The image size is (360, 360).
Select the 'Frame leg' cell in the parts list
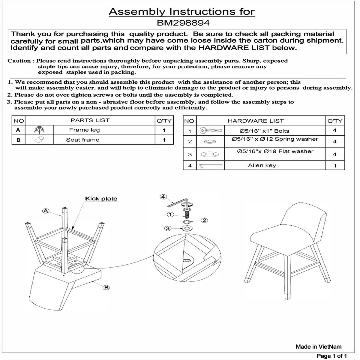84,130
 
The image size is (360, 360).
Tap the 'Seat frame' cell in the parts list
83,140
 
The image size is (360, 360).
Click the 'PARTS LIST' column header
90,120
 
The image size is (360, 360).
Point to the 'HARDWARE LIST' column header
256,121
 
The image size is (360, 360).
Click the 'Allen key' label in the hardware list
262,165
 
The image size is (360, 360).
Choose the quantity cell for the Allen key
335,166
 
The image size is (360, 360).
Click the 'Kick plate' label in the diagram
101,199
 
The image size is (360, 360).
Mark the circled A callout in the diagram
46,211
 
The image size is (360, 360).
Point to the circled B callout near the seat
106,288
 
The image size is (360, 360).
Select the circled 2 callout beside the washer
204,220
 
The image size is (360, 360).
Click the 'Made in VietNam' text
318,346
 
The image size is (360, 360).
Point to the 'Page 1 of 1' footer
332,356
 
